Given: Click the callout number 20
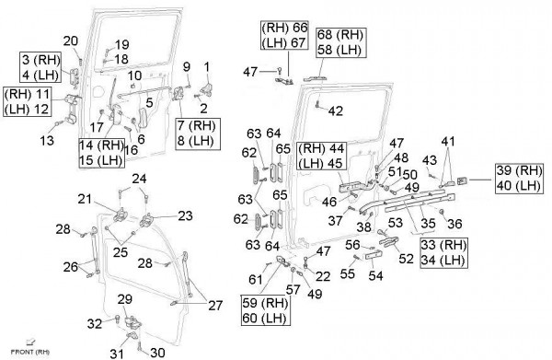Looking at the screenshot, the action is (71, 41).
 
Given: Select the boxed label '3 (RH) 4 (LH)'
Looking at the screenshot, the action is (40, 67).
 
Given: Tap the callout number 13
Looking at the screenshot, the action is (47, 141).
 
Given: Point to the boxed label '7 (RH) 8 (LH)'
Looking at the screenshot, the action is (198, 134).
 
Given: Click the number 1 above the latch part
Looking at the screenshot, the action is (207, 66).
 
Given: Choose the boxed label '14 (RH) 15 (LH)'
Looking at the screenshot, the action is (102, 153).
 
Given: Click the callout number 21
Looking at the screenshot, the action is (85, 199).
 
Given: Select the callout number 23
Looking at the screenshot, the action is (185, 215).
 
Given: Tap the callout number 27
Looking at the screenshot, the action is (215, 305).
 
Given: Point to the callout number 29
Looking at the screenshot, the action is (124, 299).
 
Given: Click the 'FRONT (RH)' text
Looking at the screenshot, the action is (30, 352).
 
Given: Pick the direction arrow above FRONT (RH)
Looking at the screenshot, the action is (30, 342).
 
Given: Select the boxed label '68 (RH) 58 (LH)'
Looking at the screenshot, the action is (340, 42).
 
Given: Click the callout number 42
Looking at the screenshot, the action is (336, 111).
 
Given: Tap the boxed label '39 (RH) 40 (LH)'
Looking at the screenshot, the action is (519, 179).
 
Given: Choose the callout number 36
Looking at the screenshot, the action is (454, 224).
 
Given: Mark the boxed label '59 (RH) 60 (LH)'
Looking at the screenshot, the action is (266, 310).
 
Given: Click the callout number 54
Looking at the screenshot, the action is (375, 275).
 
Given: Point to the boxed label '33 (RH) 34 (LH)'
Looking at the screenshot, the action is (443, 252).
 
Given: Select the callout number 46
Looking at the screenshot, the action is (329, 203).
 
